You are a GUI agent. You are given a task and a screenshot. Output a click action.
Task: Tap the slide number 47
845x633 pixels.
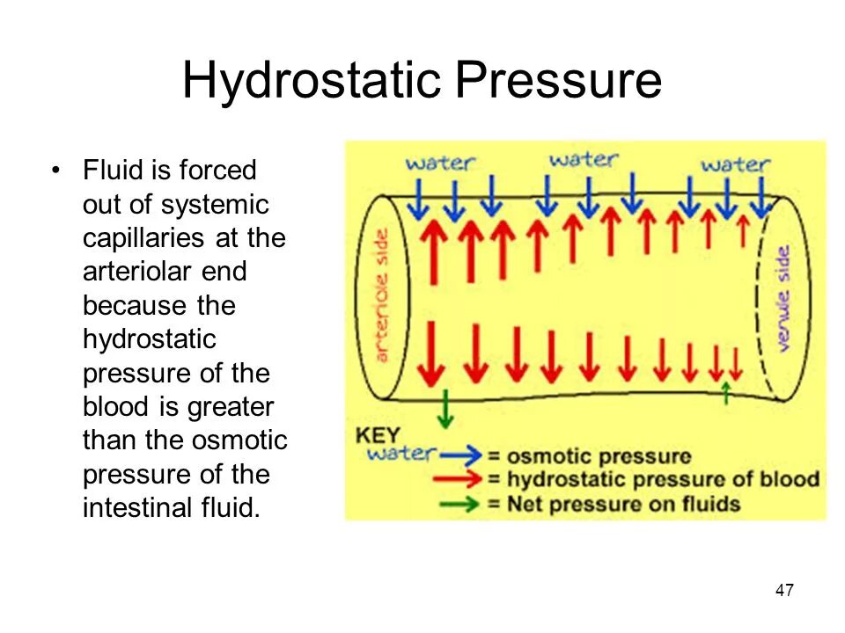tap(784, 591)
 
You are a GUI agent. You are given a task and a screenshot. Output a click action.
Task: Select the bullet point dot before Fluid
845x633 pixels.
tap(57, 170)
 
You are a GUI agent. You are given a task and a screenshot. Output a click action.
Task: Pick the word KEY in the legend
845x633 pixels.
tap(378, 434)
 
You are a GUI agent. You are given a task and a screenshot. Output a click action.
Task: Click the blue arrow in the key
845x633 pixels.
tap(462, 455)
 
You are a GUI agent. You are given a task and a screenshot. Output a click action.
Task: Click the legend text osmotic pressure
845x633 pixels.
tap(599, 456)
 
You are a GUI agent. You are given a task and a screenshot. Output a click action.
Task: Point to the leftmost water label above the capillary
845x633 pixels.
tap(440, 163)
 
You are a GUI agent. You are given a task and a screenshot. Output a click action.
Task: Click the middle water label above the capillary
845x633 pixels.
tap(583, 160)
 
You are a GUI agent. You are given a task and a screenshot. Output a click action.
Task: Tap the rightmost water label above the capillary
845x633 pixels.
tap(735, 164)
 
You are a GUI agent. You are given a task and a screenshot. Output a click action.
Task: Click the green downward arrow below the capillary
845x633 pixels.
tap(446, 409)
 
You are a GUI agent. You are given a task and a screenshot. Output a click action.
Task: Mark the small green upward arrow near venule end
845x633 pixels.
tap(725, 391)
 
